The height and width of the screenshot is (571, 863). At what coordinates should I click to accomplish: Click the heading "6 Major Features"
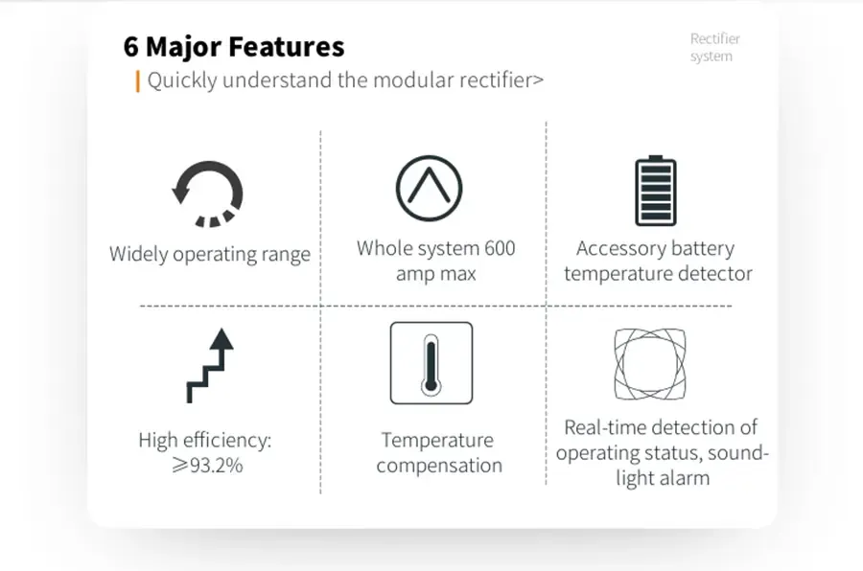[234, 46]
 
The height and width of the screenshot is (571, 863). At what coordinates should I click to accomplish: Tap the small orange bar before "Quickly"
[138, 80]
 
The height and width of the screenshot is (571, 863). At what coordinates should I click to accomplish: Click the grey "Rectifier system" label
[714, 48]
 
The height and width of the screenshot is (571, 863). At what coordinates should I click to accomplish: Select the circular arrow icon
[208, 192]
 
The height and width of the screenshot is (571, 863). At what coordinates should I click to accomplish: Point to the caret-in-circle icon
[429, 186]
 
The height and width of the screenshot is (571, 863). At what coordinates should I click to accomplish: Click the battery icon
[656, 191]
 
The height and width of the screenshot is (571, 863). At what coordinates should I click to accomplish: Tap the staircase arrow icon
[210, 365]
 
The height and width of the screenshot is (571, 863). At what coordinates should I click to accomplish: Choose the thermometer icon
[431, 363]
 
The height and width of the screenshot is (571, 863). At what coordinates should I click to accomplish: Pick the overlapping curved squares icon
[650, 364]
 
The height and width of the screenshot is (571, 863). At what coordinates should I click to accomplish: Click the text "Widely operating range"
[210, 255]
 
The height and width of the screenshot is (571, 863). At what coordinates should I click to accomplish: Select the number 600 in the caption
[497, 248]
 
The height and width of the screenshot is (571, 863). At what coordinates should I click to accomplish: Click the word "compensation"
[439, 466]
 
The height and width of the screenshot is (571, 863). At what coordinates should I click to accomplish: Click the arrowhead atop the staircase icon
[222, 336]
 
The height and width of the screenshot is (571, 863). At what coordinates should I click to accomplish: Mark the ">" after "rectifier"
[538, 80]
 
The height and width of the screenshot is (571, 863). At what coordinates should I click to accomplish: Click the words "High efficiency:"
[205, 441]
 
